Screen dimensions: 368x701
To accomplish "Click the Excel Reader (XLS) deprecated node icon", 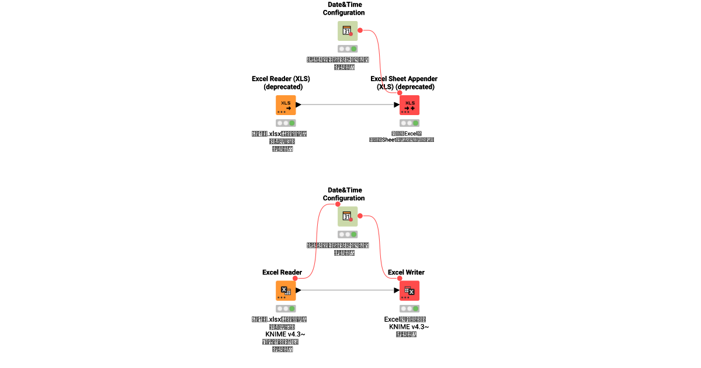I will coord(286,105).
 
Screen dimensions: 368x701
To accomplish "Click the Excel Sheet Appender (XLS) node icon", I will coord(410,105).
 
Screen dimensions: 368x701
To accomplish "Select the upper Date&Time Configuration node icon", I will coord(348,31).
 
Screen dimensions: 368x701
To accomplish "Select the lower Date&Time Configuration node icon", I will coord(348,217).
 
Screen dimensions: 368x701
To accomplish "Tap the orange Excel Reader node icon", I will coord(286,290).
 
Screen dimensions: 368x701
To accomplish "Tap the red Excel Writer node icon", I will coord(410,290).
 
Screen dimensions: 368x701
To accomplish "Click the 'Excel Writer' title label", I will coord(406,272).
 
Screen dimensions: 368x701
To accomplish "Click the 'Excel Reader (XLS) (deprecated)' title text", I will coord(281,82).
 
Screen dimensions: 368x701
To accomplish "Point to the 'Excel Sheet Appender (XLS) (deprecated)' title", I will coord(404,82).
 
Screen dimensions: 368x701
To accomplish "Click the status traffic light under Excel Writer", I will coord(410,308).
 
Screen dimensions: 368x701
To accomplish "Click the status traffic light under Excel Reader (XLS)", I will coord(286,123).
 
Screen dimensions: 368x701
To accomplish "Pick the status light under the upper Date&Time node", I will coord(348,49).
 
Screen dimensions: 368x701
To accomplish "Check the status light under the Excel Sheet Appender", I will coord(410,123).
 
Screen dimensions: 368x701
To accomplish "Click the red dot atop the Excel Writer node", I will coord(400,278).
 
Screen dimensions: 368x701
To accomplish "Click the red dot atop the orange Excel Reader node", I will coord(295,278).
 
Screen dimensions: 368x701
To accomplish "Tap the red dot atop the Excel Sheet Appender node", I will coord(400,93).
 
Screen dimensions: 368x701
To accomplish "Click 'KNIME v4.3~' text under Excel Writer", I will coord(409,327).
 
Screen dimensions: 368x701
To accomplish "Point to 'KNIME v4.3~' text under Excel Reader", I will coord(286,334).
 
